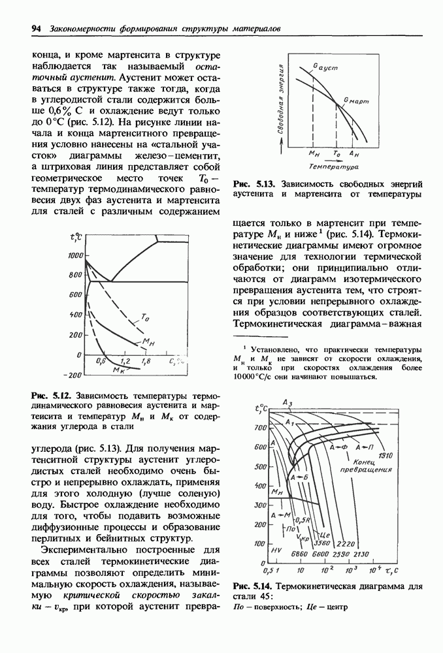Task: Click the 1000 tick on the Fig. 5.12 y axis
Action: [74, 256]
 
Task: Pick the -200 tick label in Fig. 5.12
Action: [71, 375]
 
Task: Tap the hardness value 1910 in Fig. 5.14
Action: [384, 455]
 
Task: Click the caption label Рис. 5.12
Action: [51, 396]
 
